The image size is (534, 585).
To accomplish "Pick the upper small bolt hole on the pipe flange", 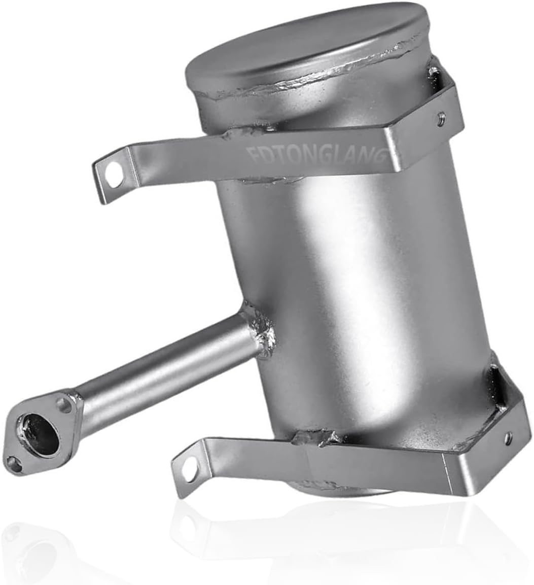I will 64,405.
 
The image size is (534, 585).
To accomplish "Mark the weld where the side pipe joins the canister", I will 259,330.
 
